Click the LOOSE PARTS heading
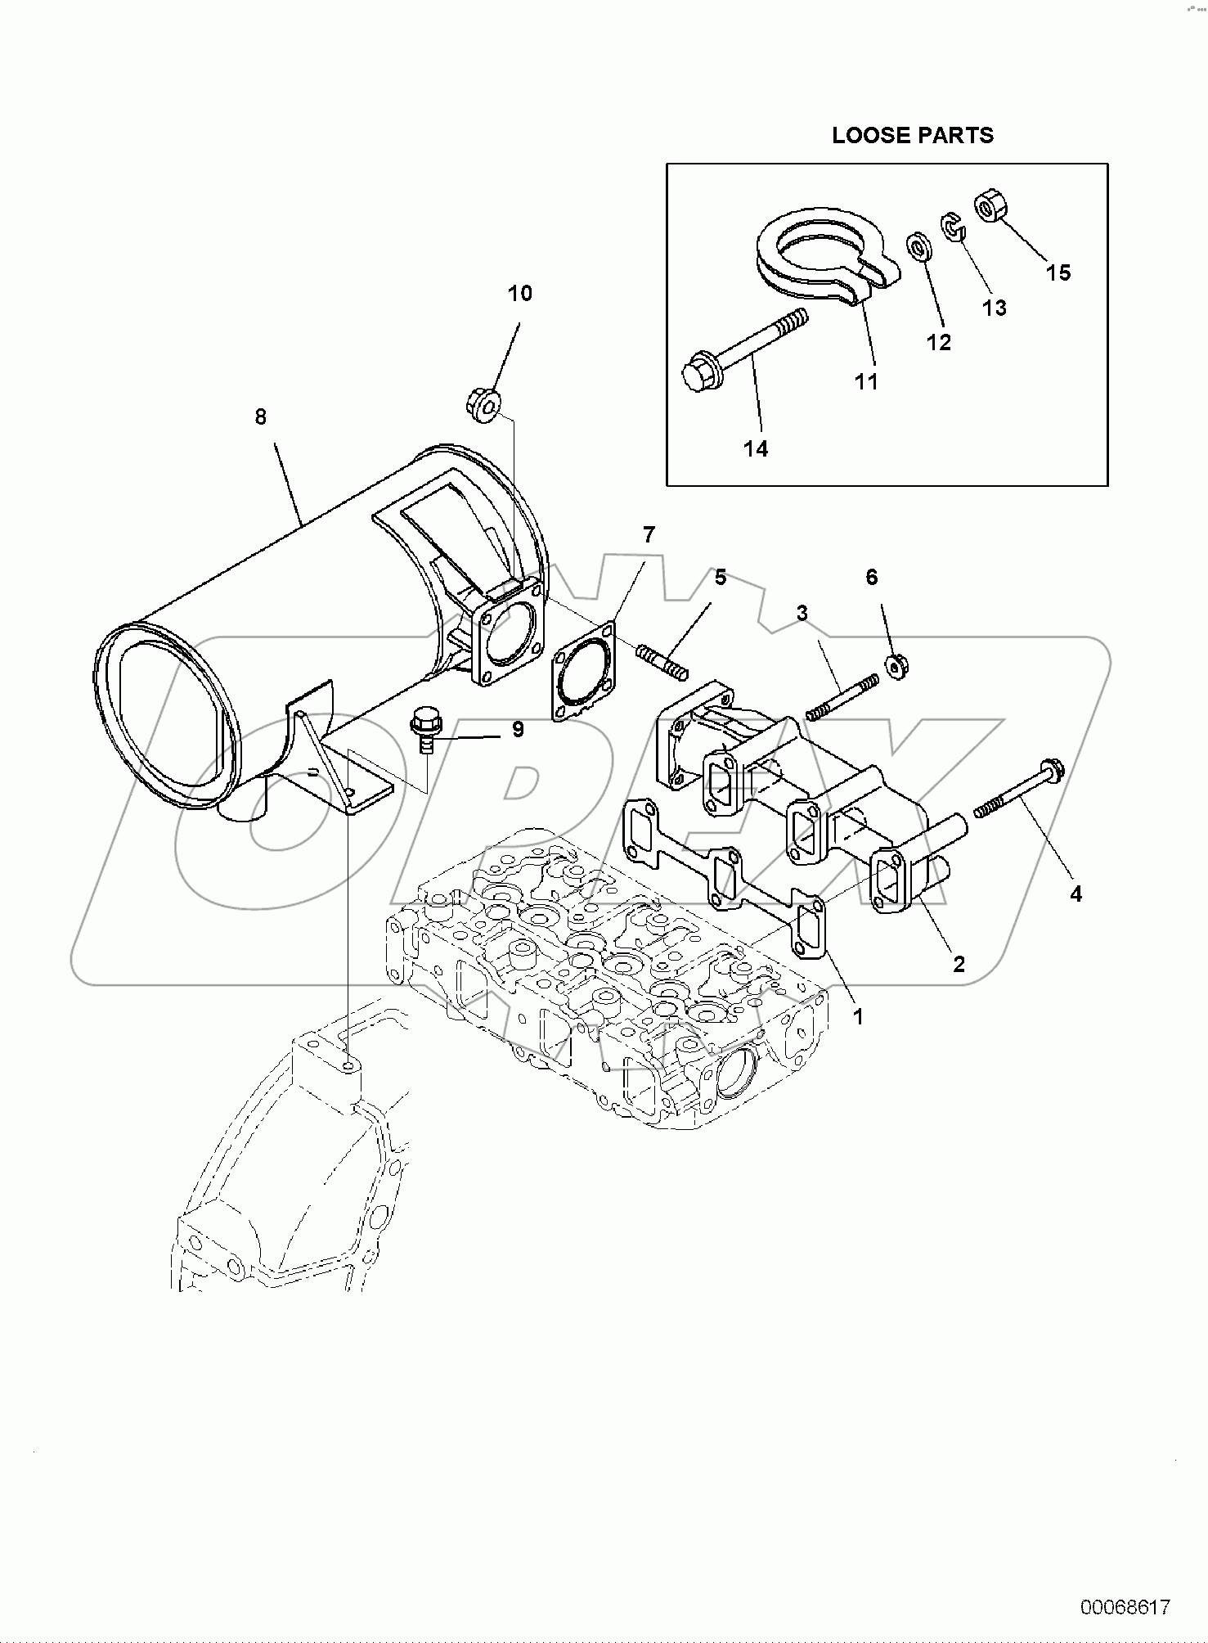(912, 136)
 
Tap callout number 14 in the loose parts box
(756, 448)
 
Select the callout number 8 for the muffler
(261, 417)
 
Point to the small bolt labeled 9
(423, 731)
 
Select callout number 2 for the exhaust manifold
(959, 963)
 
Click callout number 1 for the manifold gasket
(857, 1016)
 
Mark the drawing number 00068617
(1125, 1607)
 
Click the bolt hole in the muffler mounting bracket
(349, 792)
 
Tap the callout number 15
(1058, 272)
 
